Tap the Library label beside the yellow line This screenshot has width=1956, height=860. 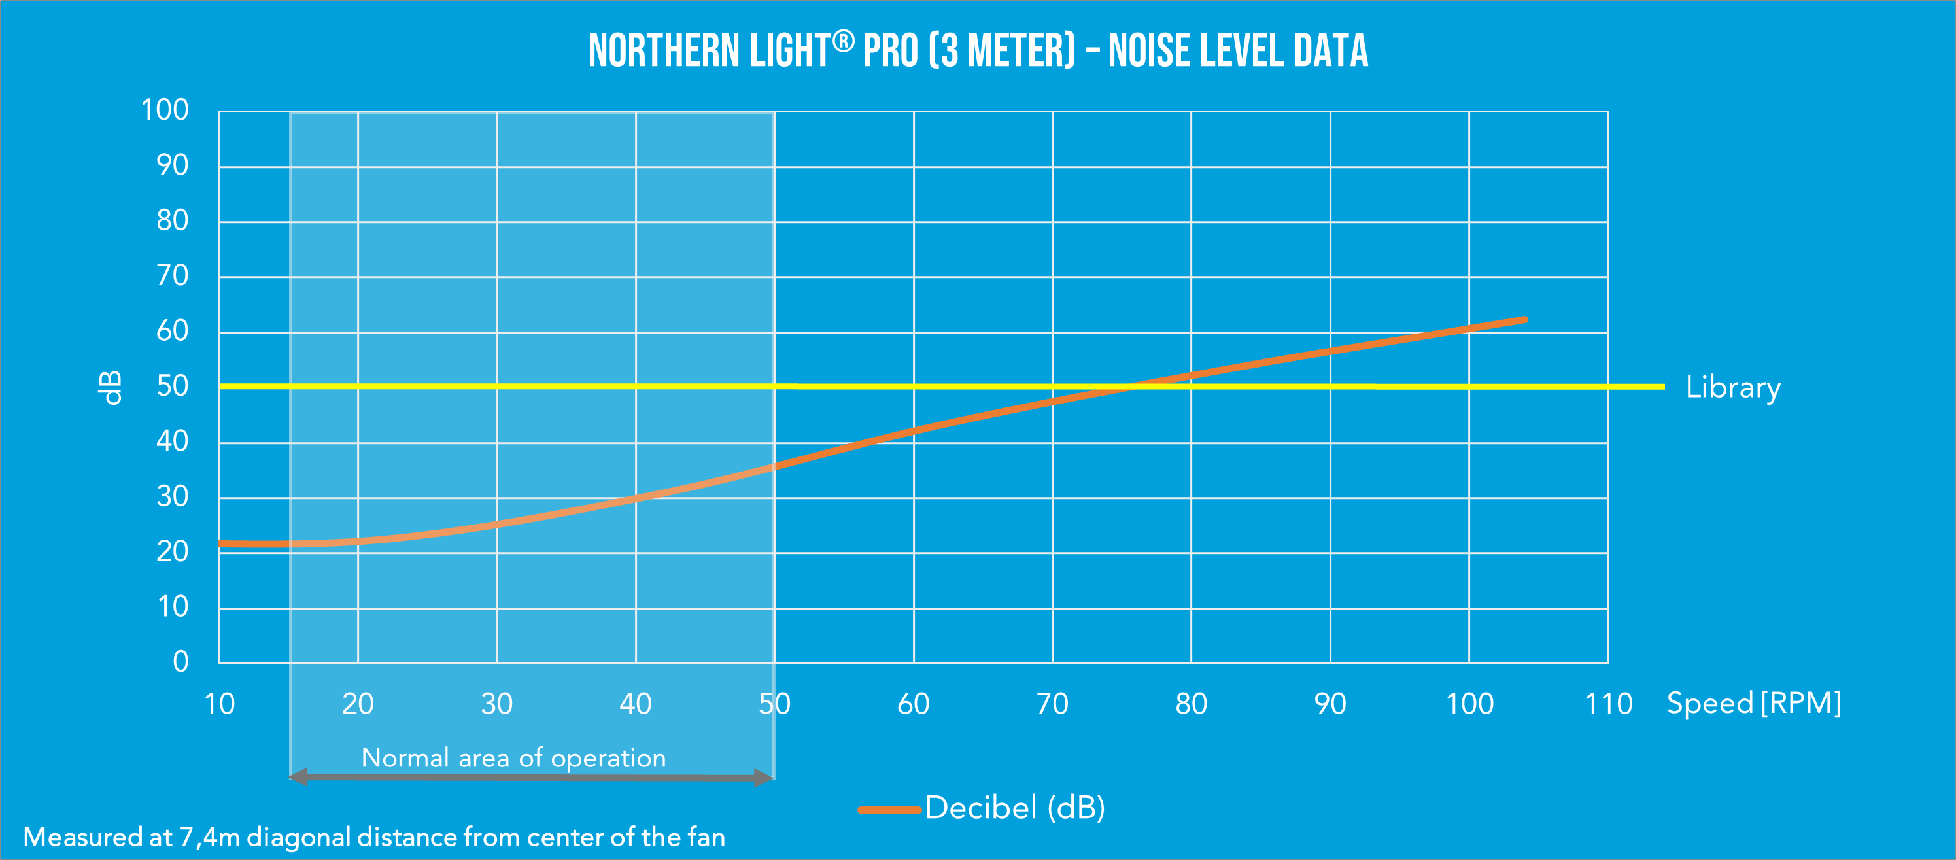(1733, 388)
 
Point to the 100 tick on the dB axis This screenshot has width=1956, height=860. (165, 110)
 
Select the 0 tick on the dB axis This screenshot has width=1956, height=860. (180, 662)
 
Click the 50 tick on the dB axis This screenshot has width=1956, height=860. (173, 387)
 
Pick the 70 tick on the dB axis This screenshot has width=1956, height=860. (173, 275)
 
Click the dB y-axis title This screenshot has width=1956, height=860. (111, 388)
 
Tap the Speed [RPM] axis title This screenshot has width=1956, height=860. (1753, 704)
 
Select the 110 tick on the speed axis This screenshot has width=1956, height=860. (1608, 704)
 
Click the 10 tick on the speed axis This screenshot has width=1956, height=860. (220, 704)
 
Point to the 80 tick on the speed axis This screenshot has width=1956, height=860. (1192, 704)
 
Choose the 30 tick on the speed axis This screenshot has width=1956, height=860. (496, 704)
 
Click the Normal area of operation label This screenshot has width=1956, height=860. (513, 757)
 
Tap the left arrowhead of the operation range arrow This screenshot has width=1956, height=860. (298, 776)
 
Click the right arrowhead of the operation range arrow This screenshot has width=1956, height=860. (764, 777)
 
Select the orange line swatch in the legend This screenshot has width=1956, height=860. (888, 809)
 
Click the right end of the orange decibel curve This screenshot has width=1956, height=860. (1524, 320)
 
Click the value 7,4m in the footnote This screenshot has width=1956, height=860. (209, 837)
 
